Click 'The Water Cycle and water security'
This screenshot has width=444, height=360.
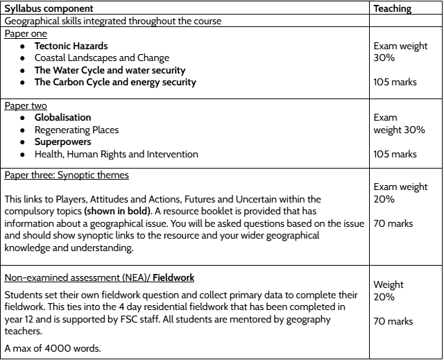pyautogui.click(x=110, y=70)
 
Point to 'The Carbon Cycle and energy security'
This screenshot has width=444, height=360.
pyautogui.click(x=115, y=82)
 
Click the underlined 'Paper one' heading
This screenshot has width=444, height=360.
pyautogui.click(x=24, y=33)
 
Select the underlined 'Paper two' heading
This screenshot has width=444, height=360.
pyautogui.click(x=24, y=105)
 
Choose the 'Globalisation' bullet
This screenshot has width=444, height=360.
pyautogui.click(x=62, y=118)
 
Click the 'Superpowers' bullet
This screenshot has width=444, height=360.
pyautogui.click(x=62, y=142)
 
